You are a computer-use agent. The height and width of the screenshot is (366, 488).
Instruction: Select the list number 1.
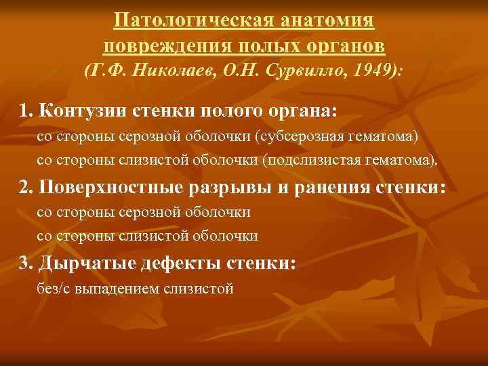pyautogui.click(x=25, y=110)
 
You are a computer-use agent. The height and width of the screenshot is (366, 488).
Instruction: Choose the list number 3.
pyautogui.click(x=25, y=262)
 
